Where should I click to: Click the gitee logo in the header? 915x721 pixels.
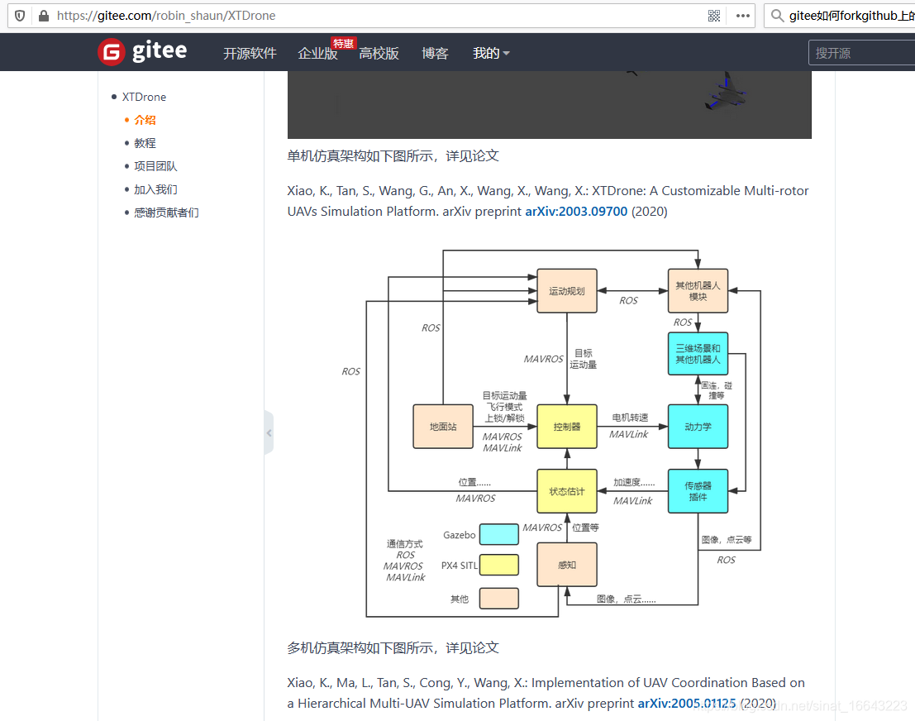click(142, 52)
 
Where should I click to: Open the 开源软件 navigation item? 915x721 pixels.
click(250, 53)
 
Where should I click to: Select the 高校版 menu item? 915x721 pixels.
click(379, 53)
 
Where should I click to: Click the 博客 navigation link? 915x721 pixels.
click(435, 53)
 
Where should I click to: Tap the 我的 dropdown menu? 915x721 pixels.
click(491, 53)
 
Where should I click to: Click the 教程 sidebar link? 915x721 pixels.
click(145, 143)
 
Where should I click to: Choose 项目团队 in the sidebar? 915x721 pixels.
click(155, 166)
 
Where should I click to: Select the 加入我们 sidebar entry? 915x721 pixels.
click(155, 189)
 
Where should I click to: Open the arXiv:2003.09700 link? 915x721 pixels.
click(576, 211)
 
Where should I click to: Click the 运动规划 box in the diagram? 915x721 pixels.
click(567, 291)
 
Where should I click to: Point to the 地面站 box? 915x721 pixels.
click(443, 427)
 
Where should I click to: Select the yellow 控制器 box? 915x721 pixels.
click(567, 427)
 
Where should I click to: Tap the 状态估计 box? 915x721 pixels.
click(567, 491)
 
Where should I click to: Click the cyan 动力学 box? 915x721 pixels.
click(698, 427)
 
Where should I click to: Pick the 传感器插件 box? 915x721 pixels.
click(698, 491)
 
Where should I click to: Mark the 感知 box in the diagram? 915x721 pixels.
click(567, 565)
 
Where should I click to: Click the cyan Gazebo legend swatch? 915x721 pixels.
click(498, 535)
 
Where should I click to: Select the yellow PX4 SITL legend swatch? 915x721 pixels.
click(498, 566)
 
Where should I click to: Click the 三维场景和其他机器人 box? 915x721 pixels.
click(698, 354)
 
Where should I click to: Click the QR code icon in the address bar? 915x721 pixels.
click(714, 16)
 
